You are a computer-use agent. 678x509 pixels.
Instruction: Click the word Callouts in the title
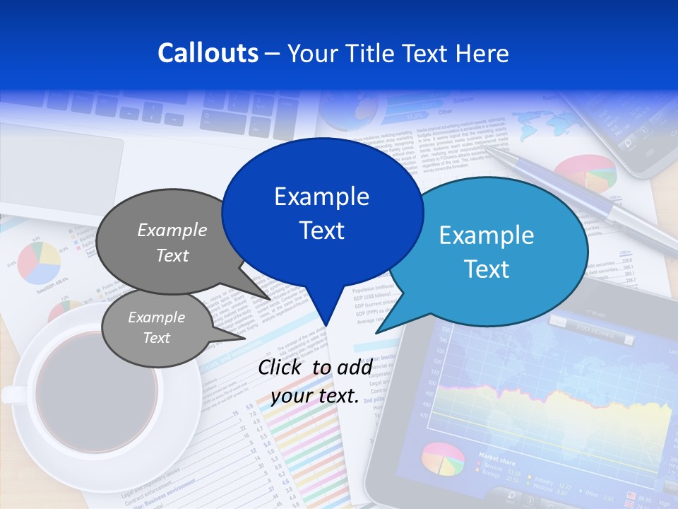208,53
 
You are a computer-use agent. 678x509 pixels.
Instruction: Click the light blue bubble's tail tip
379,332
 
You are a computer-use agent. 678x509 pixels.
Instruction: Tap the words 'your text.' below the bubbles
315,396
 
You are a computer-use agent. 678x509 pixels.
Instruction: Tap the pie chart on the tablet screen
443,460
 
